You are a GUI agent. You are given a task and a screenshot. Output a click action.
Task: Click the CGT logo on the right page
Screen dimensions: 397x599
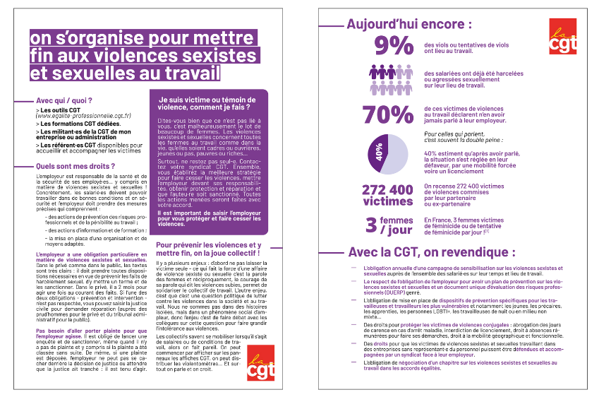[x=564, y=37]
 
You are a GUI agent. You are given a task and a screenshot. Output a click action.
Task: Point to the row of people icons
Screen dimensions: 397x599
[x=390, y=77]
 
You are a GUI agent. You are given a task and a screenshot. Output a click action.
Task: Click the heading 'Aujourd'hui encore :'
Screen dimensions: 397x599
[x=409, y=24]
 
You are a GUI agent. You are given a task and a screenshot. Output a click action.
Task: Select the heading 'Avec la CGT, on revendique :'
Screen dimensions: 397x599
[x=432, y=252]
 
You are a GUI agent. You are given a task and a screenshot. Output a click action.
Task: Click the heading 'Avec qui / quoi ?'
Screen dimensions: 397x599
[x=64, y=100]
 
